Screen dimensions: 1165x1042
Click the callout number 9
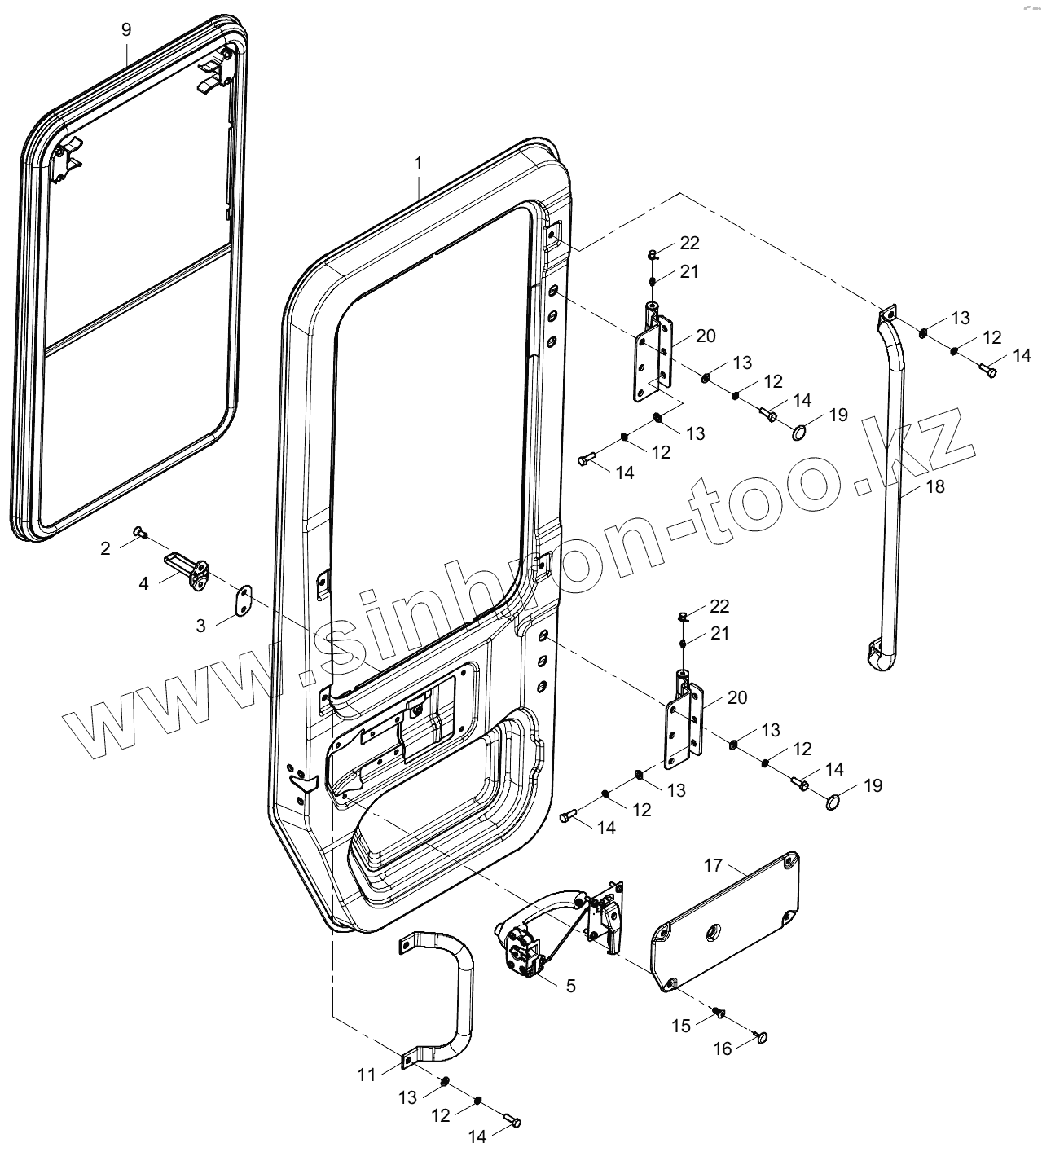click(125, 30)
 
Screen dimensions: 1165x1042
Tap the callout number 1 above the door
click(419, 164)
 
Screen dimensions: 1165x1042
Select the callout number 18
click(935, 486)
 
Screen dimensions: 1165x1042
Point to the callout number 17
click(714, 864)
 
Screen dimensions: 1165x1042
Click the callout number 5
click(570, 986)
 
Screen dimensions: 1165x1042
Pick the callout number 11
click(367, 1075)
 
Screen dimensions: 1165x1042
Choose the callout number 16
click(723, 1049)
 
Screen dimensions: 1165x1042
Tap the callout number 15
click(681, 1026)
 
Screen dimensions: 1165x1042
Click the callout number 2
click(105, 548)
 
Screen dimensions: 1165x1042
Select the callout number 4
click(143, 583)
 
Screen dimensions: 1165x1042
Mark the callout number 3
click(200, 625)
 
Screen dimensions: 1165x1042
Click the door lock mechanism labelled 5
click(521, 949)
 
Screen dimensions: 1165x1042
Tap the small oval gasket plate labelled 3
click(242, 601)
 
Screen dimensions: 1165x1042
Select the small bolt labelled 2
click(139, 533)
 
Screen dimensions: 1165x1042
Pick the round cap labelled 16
click(763, 1037)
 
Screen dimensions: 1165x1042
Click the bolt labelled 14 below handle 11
click(513, 1122)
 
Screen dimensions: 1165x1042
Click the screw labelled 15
click(719, 1013)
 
